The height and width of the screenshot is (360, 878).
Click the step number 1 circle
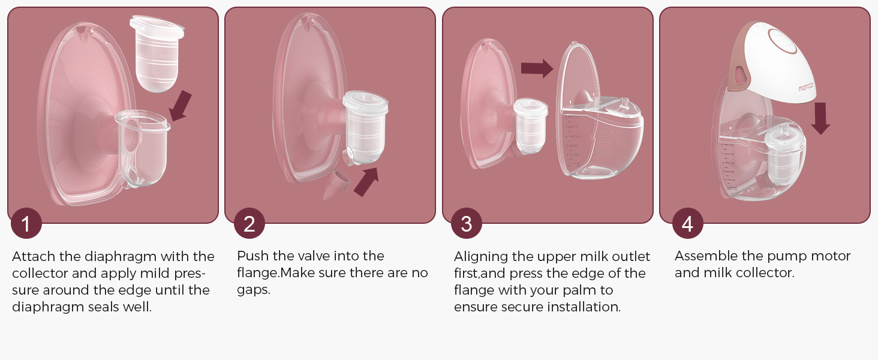26,223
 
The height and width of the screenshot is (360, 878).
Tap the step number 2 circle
249,223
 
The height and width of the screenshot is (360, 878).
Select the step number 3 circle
467,223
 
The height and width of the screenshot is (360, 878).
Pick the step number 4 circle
687,223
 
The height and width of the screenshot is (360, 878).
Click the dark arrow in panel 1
181,106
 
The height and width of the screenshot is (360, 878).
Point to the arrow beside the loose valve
366,182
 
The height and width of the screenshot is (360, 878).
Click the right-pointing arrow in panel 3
537,68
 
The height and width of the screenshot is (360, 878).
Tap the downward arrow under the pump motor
820,118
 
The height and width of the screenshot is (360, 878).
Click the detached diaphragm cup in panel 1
157,53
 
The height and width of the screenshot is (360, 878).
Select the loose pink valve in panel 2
335,185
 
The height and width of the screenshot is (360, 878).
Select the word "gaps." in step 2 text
254,290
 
